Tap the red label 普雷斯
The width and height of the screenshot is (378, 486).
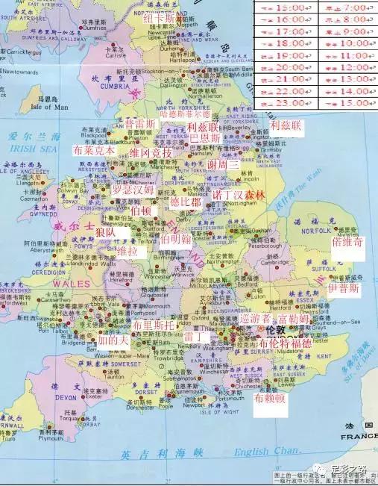(x=140, y=124)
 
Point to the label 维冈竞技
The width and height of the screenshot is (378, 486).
(x=151, y=154)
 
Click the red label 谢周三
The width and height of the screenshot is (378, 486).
(x=223, y=165)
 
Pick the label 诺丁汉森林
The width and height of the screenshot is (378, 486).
(x=239, y=195)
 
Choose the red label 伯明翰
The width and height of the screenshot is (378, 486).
(x=175, y=239)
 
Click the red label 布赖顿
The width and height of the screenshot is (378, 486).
(x=269, y=399)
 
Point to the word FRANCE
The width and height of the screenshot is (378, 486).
(x=359, y=437)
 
